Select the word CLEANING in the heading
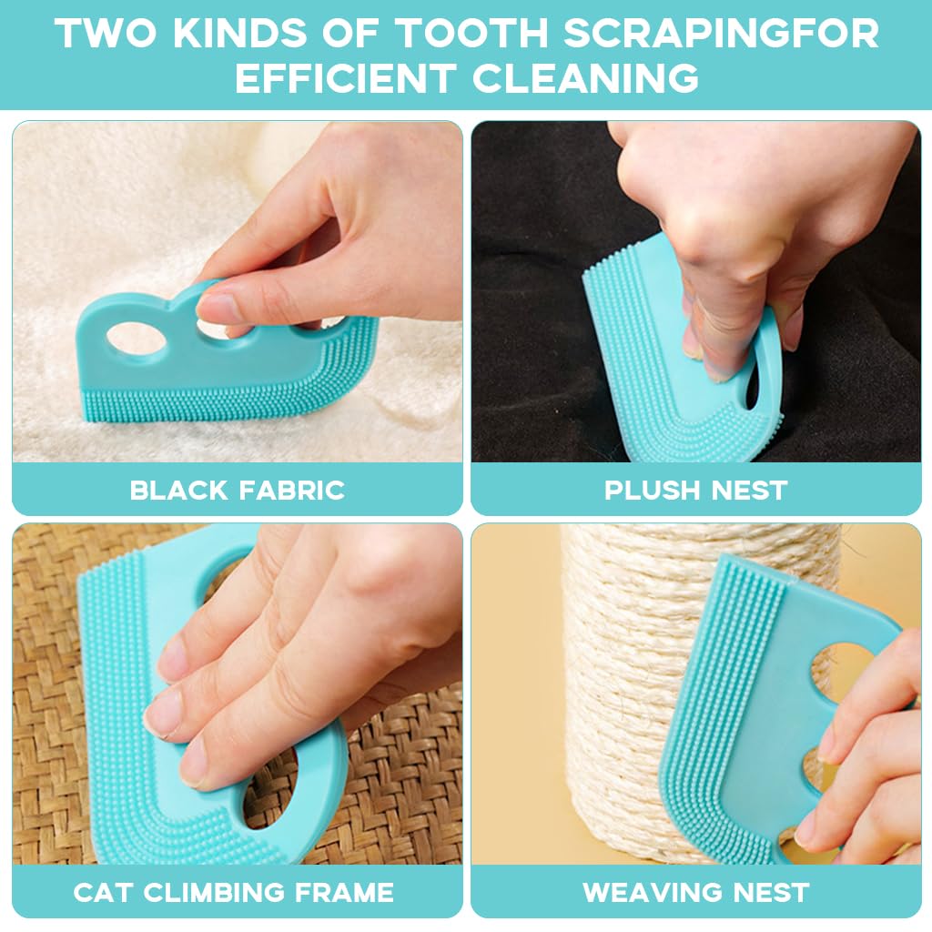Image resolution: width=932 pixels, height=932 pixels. tap(586, 78)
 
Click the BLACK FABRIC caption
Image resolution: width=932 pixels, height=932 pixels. tap(237, 491)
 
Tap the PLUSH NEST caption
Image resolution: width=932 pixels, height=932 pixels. tap(695, 491)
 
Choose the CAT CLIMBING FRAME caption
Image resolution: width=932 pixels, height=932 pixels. tap(233, 893)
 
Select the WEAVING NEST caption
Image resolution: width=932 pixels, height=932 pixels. tap(695, 893)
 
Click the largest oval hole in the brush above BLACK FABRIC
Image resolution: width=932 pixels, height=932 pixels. tap(135, 339)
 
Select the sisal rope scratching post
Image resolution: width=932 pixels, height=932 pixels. tap(628, 692)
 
